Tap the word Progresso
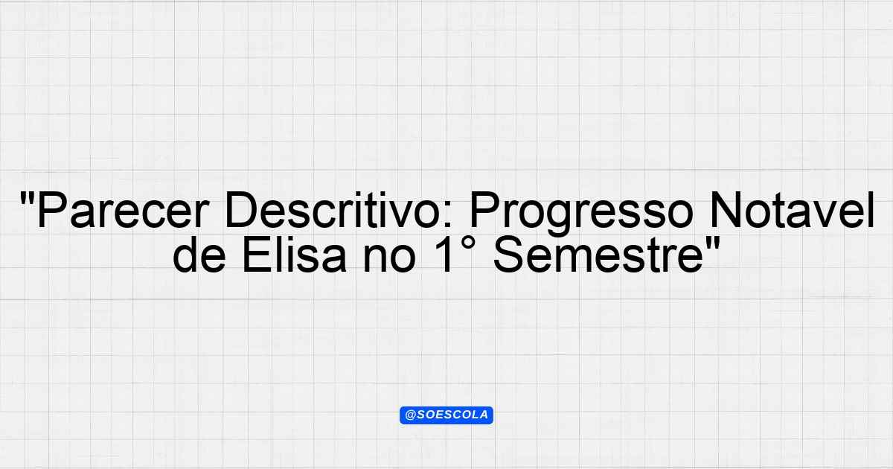coord(582,214)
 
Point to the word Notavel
coord(792,210)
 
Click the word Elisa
coord(294,254)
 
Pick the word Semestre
coord(598,254)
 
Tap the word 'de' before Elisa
coord(199,254)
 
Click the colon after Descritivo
coord(448,215)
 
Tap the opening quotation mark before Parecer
coord(26,199)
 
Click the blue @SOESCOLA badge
coord(446,415)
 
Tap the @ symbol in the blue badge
coord(410,415)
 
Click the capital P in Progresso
coord(484,210)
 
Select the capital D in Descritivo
coord(242,210)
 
